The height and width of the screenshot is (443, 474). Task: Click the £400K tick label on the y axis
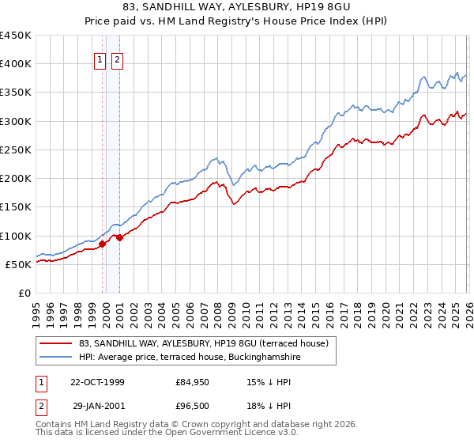click(x=16, y=64)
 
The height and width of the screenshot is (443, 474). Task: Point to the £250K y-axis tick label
click(x=16, y=150)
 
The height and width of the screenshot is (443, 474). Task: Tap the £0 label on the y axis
click(x=24, y=293)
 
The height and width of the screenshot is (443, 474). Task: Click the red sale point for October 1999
click(x=103, y=244)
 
